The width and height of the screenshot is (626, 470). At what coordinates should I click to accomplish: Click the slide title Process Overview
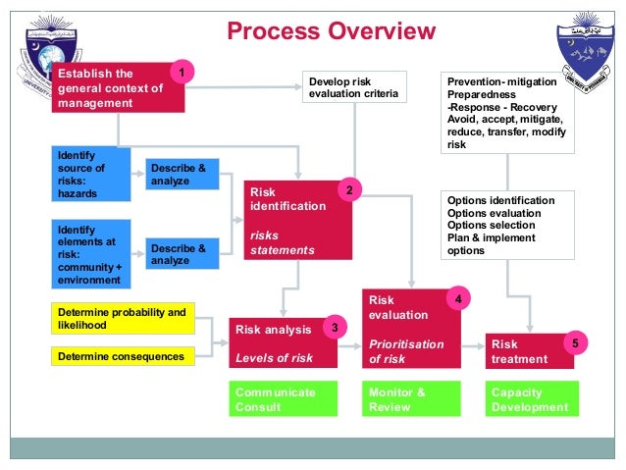[x=331, y=31]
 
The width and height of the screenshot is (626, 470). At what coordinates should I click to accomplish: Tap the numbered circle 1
[x=181, y=72]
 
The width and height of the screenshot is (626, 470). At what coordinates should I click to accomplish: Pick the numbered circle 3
[x=335, y=327]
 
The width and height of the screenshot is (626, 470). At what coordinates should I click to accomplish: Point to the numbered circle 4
[x=456, y=295]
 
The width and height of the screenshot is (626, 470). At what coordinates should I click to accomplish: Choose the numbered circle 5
[x=576, y=344]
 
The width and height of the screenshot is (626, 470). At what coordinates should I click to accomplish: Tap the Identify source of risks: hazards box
[x=90, y=175]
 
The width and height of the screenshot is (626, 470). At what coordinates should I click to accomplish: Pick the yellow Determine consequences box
[x=122, y=356]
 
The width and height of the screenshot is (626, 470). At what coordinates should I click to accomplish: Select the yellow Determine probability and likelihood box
[x=122, y=318]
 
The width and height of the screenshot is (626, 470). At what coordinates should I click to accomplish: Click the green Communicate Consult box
[x=283, y=399]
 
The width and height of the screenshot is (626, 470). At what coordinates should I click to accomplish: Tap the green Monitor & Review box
[x=402, y=399]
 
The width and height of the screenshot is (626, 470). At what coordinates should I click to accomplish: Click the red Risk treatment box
[x=531, y=351]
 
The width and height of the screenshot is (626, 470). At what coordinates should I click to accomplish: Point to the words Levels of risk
[x=274, y=358]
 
